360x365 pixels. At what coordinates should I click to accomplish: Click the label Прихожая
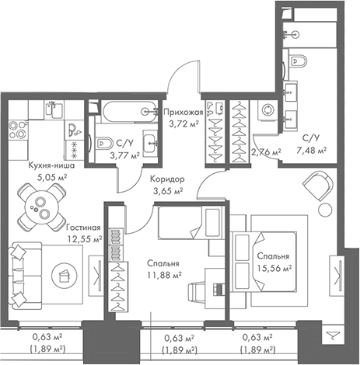pyautogui.click(x=183, y=113)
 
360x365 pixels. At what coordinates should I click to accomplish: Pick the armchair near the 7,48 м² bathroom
pyautogui.click(x=317, y=184)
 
